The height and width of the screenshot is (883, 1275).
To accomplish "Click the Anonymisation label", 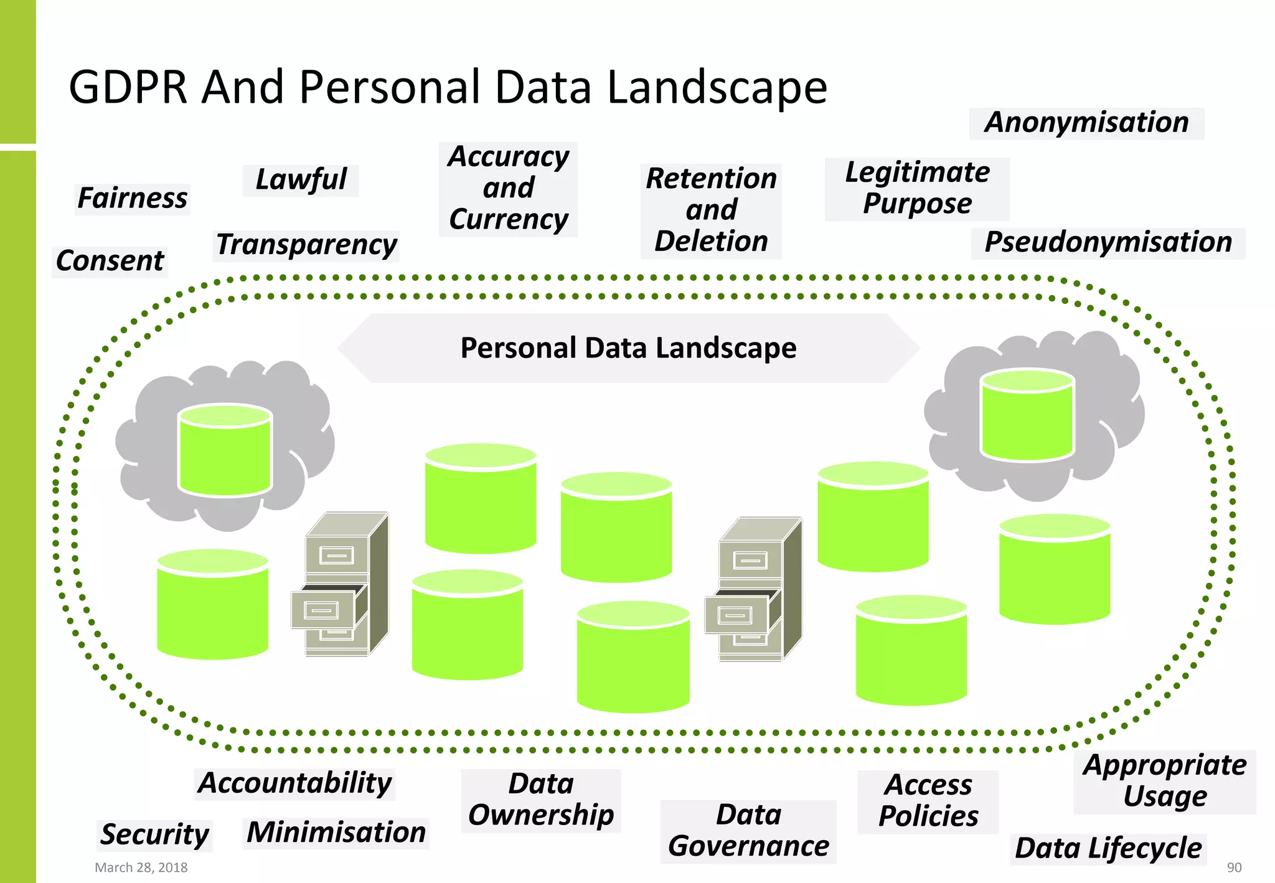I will coord(1086,123).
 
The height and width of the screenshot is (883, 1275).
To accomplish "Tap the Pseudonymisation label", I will coord(1108,243).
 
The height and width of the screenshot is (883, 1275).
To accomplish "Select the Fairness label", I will coord(132,199).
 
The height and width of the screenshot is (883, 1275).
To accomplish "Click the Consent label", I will coord(110,261).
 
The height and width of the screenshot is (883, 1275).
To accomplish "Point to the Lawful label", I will coord(301,180).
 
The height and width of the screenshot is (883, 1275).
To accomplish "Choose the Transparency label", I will coord(306,245).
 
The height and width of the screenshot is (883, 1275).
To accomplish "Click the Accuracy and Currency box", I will coord(508,189).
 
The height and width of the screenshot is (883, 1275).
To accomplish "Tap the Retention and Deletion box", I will coord(711,210).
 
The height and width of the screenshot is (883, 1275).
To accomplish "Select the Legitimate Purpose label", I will coord(917,189).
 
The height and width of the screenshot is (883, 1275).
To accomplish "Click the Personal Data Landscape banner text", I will coord(628,348).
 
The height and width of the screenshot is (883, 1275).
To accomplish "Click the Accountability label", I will coord(295,783).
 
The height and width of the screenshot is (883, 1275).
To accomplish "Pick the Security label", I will coord(155,835).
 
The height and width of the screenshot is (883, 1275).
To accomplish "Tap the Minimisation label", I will coord(336,833).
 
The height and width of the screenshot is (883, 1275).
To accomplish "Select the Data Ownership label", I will coord(541,800).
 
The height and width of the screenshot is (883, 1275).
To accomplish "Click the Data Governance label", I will coord(748,831).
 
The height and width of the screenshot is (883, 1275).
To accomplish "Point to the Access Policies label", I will coord(928,801).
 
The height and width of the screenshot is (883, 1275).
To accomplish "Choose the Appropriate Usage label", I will coord(1165,781).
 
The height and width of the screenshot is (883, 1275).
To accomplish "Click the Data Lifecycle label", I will coord(1108,849).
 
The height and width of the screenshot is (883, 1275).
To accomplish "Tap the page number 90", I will coord(1234,867).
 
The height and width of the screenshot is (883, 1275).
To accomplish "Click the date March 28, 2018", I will coord(141,867).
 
